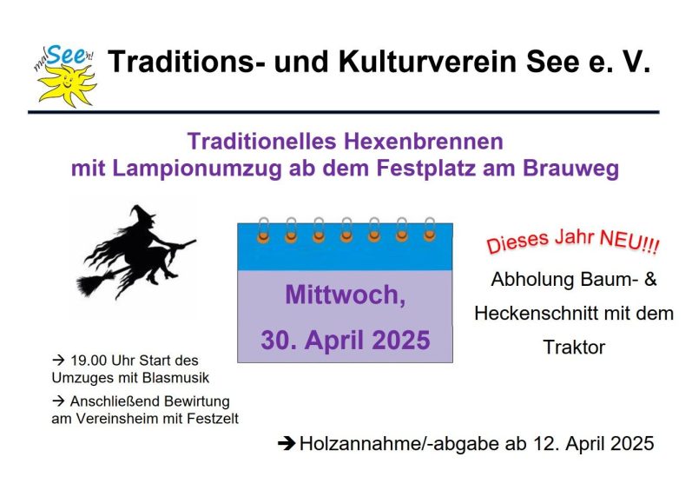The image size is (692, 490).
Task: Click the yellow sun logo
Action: pos(67,86)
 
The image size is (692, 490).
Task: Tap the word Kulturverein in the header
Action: pos(427,61)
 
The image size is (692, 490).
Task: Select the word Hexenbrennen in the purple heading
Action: pos(423,142)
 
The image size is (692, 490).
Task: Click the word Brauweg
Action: pos(570,169)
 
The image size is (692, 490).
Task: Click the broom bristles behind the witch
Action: pos(92,284)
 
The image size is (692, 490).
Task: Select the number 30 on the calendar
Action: pos(274,341)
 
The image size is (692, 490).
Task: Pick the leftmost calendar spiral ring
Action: pos(263,230)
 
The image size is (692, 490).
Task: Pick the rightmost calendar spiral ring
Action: pos(430,229)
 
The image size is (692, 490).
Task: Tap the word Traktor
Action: pos(574,348)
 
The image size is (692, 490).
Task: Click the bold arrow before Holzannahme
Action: pos(287,444)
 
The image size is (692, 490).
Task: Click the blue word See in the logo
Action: pos(66,56)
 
